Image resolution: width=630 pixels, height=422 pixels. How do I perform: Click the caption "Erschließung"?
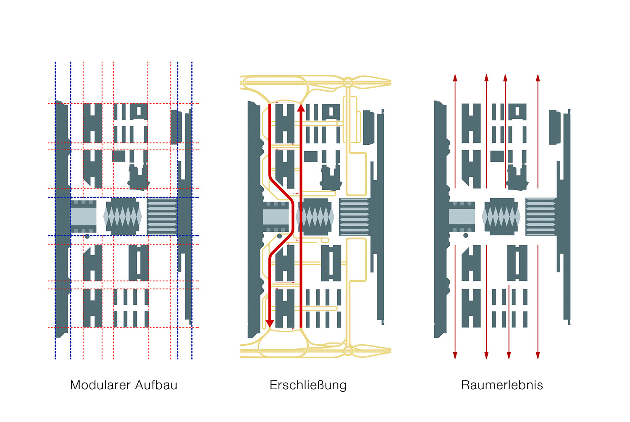(x=308, y=385)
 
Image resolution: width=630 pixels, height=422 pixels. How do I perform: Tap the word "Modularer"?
(x=97, y=385)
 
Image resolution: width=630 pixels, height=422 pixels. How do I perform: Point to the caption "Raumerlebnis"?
(x=502, y=385)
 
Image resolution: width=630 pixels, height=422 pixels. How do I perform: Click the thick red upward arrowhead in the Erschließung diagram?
(x=301, y=108)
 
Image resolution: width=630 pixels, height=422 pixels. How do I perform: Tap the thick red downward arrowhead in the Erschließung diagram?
(x=270, y=323)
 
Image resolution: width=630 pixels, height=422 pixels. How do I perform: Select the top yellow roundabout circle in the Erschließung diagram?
(x=348, y=82)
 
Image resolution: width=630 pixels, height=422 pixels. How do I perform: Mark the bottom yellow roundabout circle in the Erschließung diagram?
(x=348, y=351)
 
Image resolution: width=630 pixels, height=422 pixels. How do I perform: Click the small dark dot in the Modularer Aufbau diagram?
(x=87, y=236)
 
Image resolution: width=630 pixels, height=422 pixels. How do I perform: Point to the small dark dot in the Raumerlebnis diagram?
(x=466, y=236)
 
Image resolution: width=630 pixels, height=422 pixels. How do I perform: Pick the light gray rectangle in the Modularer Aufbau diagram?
(x=83, y=216)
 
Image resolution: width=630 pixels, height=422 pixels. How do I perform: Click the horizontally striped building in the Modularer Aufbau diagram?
(x=162, y=216)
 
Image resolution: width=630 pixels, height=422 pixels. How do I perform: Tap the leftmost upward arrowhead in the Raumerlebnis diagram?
(x=455, y=78)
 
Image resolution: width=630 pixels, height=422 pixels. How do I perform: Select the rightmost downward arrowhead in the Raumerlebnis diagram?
(x=538, y=355)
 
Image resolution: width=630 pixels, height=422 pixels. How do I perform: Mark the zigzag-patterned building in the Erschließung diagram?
(x=315, y=216)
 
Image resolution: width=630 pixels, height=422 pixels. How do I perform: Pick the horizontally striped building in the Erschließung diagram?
(x=354, y=216)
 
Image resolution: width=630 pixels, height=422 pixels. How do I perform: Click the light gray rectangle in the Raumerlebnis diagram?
(x=462, y=216)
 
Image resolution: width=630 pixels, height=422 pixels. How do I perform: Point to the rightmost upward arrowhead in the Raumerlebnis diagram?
(x=538, y=78)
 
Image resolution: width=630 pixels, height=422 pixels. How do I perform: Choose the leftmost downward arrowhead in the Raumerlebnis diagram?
(x=455, y=355)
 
